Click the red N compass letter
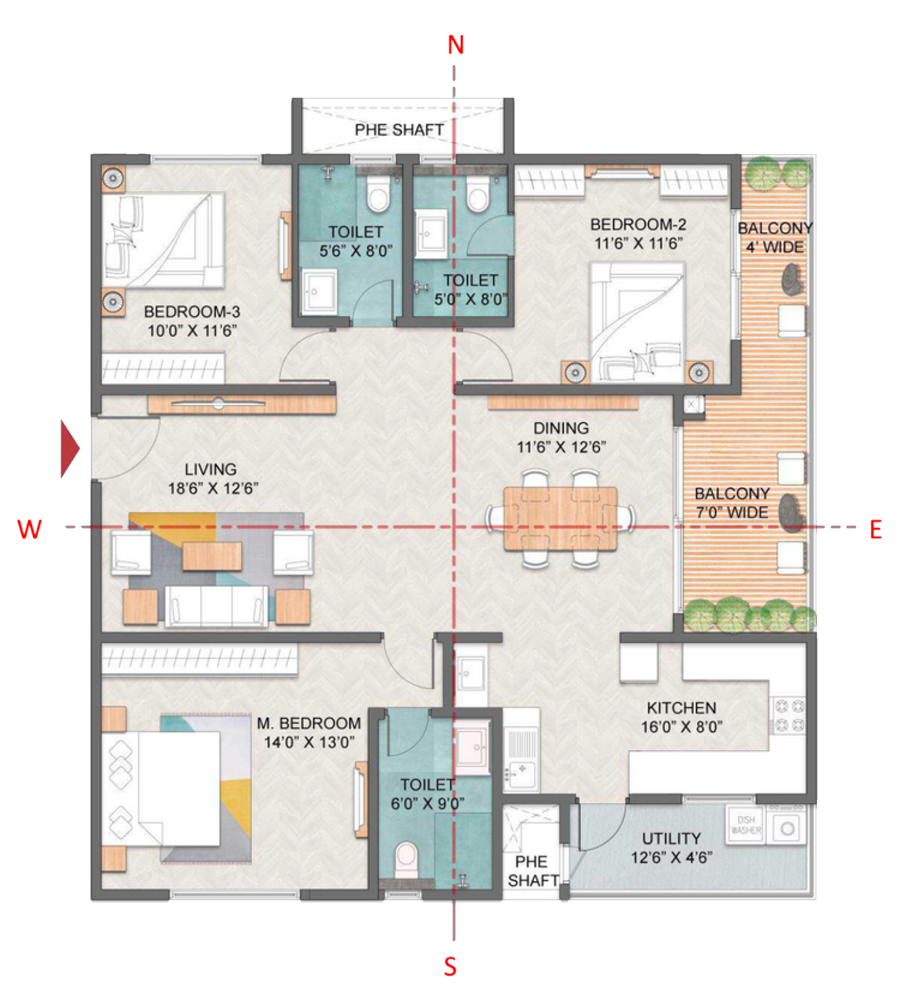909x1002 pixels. click(455, 45)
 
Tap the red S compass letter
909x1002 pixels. click(451, 966)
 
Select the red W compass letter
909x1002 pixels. click(29, 529)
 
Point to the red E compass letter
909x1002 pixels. click(875, 529)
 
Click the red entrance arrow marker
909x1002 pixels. click(69, 448)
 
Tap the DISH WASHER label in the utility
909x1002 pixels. click(745, 825)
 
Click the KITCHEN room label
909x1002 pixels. click(681, 708)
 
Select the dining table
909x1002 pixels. click(560, 519)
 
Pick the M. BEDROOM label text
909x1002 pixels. click(308, 723)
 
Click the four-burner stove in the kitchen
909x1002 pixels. click(789, 715)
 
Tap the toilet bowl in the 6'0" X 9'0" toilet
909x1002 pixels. click(406, 860)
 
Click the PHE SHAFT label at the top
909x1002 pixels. click(399, 130)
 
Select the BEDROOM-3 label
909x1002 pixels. click(191, 312)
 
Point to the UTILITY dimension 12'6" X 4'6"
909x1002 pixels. click(672, 857)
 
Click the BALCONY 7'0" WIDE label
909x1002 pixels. click(731, 503)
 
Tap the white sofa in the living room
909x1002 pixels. click(216, 606)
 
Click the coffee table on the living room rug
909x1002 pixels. click(212, 556)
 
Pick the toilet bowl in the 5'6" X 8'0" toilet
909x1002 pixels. click(378, 195)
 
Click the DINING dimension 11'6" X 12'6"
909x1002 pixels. click(561, 447)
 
